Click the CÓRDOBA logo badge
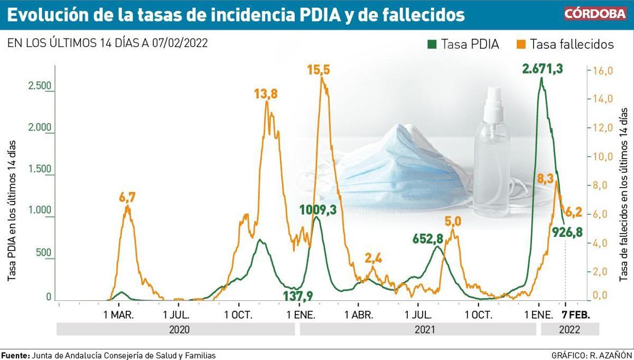594,14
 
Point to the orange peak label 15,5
319,70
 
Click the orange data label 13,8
266,94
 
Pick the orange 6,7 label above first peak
127,198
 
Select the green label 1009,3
318,209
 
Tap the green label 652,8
428,239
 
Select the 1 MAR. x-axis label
119,316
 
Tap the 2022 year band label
568,329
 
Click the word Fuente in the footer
15,355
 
